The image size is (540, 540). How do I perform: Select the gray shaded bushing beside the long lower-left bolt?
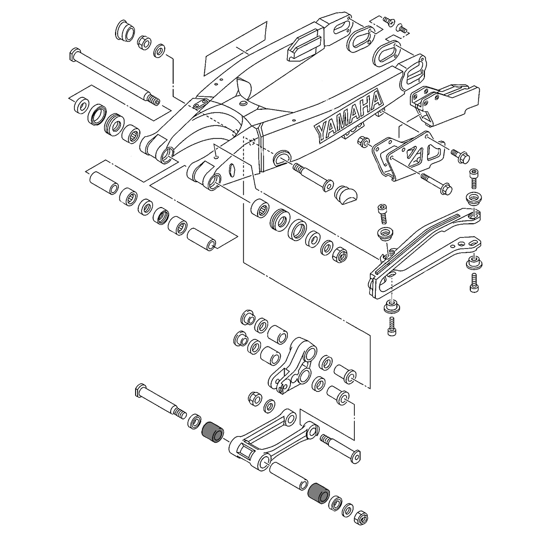point(212,432)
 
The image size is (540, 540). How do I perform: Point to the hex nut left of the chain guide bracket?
point(364,142)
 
